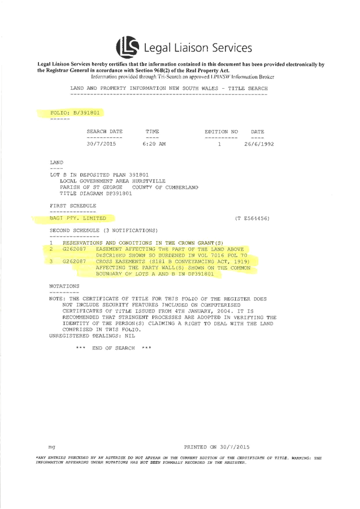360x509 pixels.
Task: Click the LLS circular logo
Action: (128, 47)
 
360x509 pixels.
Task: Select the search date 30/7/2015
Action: (101, 144)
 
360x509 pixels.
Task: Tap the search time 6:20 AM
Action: (154, 144)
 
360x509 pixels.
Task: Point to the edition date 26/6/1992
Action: (259, 144)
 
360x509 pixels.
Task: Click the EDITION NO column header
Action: (221, 132)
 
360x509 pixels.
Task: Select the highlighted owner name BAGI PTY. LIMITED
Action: (78, 218)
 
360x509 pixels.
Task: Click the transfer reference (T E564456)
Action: (252, 218)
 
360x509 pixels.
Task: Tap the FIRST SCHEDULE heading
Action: (73, 206)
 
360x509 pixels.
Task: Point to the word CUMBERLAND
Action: (181, 188)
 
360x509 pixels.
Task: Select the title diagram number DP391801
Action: (119, 193)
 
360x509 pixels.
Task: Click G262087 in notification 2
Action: (75, 249)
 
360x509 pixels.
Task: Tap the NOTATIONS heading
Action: (64, 286)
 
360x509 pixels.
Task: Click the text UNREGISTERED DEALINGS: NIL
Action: (92, 336)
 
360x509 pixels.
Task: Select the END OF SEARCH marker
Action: (114, 348)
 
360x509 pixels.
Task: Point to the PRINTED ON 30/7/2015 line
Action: (217, 447)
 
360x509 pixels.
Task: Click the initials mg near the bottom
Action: (51, 447)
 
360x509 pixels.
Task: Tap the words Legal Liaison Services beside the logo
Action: (198, 47)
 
